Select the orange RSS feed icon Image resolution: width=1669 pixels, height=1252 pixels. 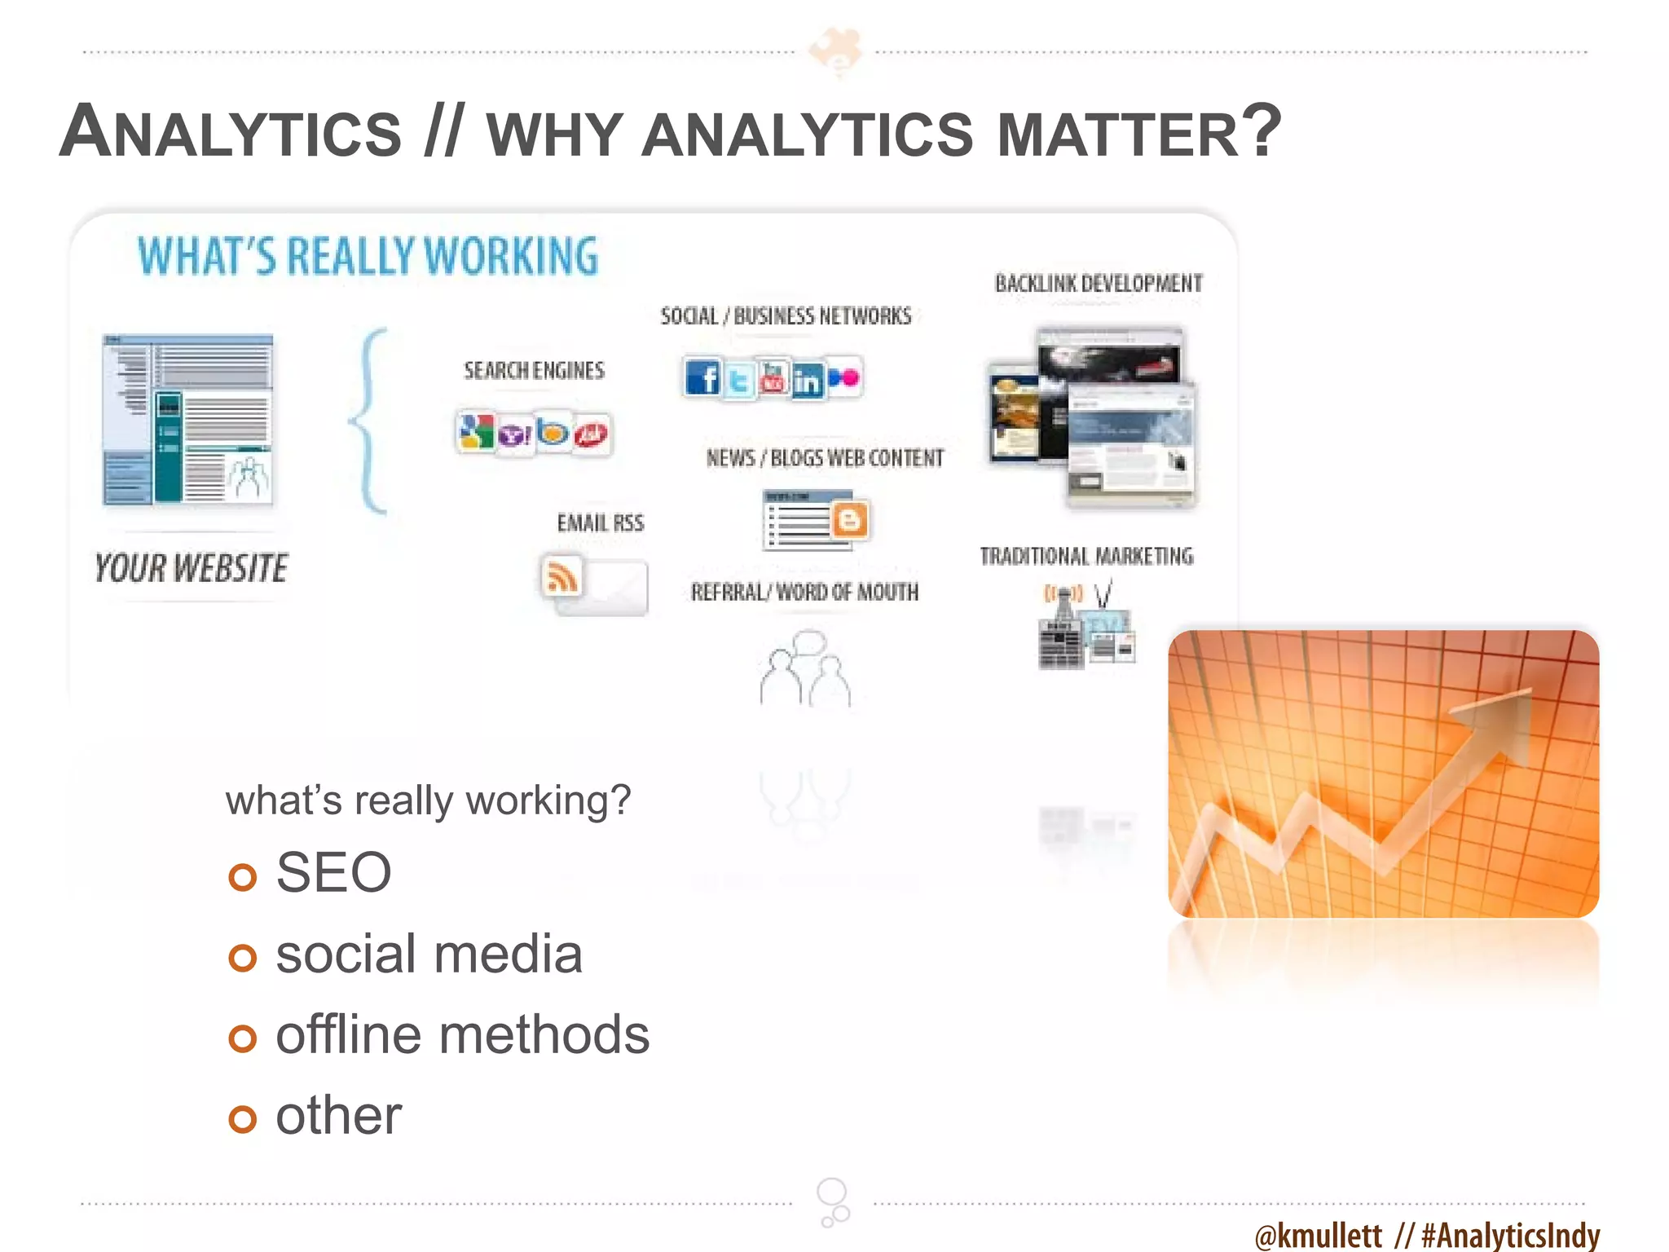point(561,577)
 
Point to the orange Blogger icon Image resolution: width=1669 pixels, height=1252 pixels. point(850,519)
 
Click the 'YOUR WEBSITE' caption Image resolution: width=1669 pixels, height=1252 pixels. point(192,568)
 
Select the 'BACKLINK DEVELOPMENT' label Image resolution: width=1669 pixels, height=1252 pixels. point(1099,284)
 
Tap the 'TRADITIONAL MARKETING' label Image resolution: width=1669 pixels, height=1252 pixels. point(1086,557)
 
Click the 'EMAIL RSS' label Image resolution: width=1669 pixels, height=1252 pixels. point(601,523)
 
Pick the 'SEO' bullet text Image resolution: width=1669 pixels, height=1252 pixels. point(333,872)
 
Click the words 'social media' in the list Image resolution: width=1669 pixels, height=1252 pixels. point(429,954)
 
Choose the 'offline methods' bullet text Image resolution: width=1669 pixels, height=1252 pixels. point(462,1034)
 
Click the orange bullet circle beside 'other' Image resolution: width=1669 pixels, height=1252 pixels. point(243,1118)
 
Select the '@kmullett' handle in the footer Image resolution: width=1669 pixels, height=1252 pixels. point(1319,1235)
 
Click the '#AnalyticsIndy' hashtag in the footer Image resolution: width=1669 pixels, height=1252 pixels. point(1510,1235)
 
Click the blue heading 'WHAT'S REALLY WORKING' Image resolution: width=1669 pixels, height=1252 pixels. point(368,256)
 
